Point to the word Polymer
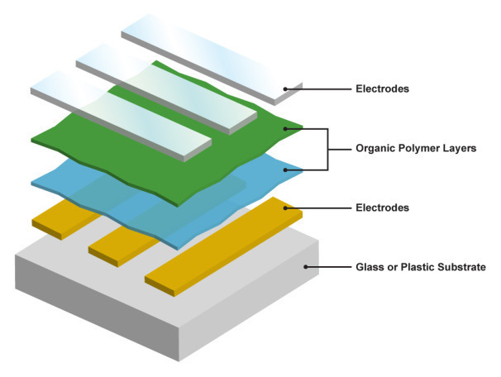tap(422, 150)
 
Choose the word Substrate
tap(462, 267)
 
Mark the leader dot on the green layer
tap(285, 129)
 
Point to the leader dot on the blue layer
tap(285, 170)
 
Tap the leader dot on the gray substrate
tap(307, 267)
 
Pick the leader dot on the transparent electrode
tap(286, 88)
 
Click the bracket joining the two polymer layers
tap(327, 150)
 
